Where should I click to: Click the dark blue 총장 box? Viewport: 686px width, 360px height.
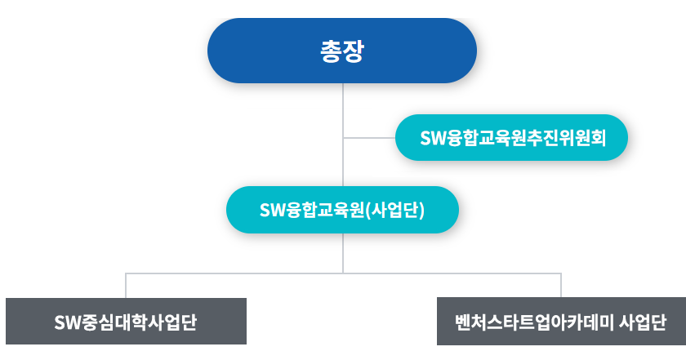[x=342, y=51]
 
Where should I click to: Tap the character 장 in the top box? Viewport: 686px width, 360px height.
[x=353, y=51]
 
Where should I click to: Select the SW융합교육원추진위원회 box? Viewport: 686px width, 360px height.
[x=511, y=137]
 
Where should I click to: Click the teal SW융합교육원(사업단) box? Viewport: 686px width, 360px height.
[x=342, y=210]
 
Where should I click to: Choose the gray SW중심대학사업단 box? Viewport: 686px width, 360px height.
[x=126, y=321]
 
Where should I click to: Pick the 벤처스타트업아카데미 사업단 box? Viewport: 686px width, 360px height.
[x=561, y=322]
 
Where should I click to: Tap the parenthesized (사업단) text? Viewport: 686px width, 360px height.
[x=395, y=210]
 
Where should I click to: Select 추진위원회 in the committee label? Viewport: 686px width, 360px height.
[x=566, y=138]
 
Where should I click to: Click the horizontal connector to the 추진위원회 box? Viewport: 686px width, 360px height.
[x=369, y=138]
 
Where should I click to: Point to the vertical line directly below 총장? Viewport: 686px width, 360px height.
[x=343, y=135]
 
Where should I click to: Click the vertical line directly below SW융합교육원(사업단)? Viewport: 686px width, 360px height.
[x=343, y=253]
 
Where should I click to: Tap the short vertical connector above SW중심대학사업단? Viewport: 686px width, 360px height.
[x=126, y=286]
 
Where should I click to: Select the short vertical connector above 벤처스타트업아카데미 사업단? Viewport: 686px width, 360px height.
[x=561, y=286]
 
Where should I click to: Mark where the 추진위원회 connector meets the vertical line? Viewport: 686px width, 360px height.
[x=343, y=138]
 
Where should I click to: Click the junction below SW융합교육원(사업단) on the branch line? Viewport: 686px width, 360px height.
[x=343, y=273]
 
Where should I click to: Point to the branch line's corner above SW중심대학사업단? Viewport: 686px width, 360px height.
[x=126, y=273]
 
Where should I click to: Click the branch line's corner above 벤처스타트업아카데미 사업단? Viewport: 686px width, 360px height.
[x=561, y=273]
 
